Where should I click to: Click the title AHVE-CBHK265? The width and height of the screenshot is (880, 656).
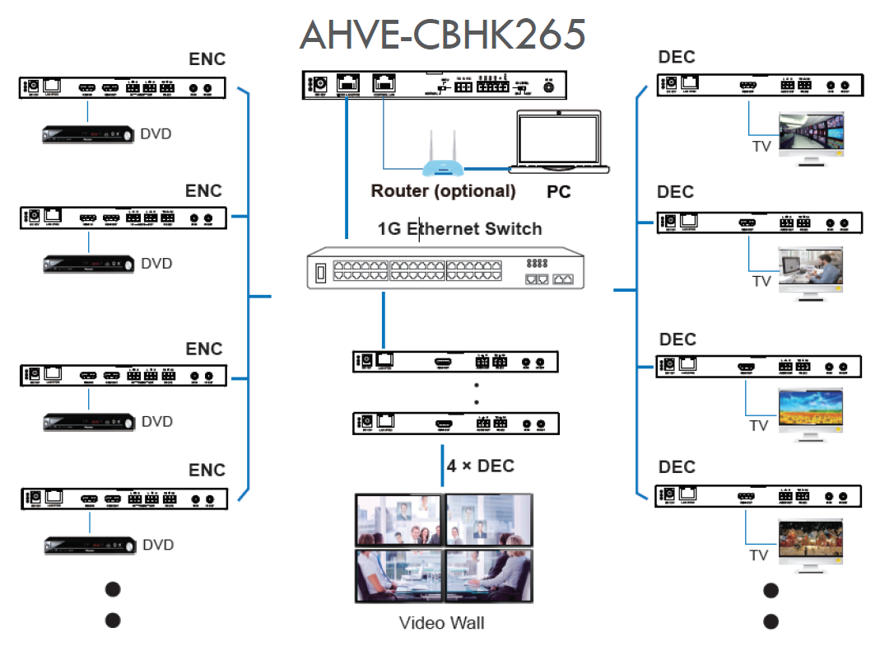[443, 35]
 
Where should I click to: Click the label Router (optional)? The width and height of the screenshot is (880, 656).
[443, 191]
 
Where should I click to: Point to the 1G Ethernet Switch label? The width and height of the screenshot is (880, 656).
[459, 228]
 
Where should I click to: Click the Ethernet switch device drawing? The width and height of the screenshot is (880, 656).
[445, 268]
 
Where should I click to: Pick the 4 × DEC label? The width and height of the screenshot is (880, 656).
[481, 466]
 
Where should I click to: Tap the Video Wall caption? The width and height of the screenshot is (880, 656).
[441, 622]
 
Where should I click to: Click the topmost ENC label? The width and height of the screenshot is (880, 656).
[207, 59]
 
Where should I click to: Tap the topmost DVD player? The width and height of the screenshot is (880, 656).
[88, 134]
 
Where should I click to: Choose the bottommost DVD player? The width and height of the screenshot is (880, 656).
[88, 545]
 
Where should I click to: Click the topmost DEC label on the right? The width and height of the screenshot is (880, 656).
[677, 57]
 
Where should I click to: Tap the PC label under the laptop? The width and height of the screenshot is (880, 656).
[559, 192]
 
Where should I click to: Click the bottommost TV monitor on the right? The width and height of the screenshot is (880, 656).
[812, 541]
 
